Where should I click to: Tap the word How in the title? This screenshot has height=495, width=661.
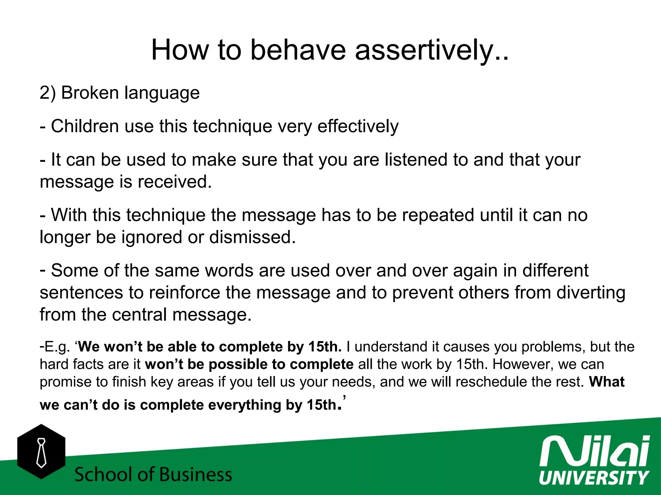tap(179, 50)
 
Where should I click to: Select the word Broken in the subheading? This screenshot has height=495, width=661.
tap(90, 93)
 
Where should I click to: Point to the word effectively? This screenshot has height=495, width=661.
tap(358, 126)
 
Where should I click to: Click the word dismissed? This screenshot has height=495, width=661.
tap(252, 237)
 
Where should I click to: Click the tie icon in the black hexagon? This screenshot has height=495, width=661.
tap(41, 452)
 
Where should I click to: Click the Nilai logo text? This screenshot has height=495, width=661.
tap(594, 451)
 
